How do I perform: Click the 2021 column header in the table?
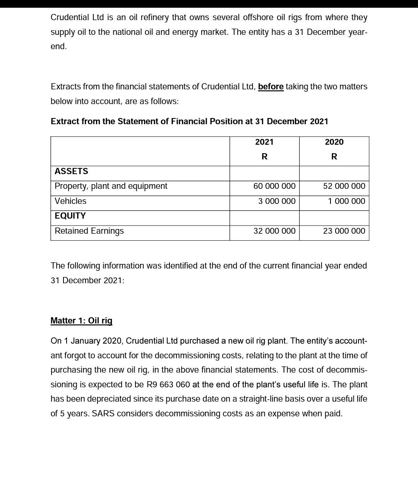[264, 142]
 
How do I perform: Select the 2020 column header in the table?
[334, 142]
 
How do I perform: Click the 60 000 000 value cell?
[274, 186]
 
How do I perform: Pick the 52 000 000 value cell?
[344, 186]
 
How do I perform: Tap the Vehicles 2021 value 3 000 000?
[277, 201]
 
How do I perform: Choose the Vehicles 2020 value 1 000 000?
[346, 201]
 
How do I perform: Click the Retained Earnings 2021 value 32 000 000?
[274, 231]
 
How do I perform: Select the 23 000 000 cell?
[344, 231]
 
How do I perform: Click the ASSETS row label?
[71, 171]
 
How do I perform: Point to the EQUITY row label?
[70, 216]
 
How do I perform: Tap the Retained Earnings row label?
[89, 231]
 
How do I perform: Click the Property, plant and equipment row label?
[111, 186]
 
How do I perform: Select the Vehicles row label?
[70, 201]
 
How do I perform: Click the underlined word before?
[271, 87]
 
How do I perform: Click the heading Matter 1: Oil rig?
[81, 321]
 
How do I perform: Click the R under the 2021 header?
[264, 157]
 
